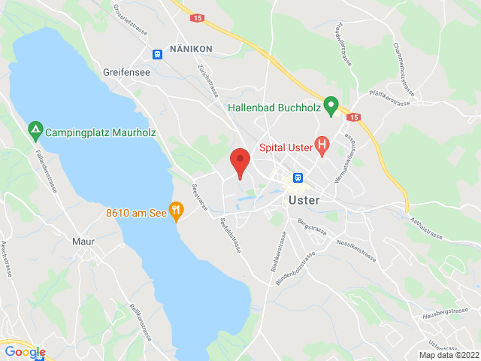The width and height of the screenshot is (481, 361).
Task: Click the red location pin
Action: (240, 161)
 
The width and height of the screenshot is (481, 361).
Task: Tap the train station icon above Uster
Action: (298, 178)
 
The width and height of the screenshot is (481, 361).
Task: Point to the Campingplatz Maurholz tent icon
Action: (35, 131)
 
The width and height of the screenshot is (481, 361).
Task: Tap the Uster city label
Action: (304, 200)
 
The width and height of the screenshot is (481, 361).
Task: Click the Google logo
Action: (25, 351)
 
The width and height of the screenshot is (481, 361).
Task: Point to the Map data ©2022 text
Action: (449, 355)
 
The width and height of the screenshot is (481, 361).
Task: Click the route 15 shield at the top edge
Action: (197, 17)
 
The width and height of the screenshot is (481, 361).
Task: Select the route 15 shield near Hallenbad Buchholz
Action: (354, 117)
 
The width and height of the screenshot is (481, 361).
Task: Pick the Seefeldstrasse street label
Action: (230, 235)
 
